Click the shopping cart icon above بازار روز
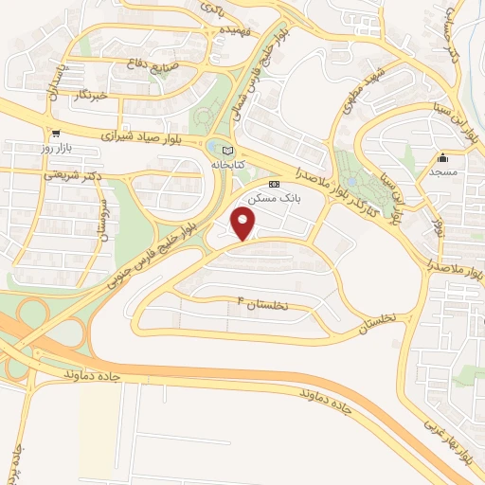click(x=57, y=134)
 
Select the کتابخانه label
click(x=225, y=164)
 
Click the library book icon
click(x=225, y=150)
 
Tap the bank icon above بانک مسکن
click(x=274, y=184)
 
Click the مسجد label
click(x=442, y=172)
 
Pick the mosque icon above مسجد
click(x=442, y=158)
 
